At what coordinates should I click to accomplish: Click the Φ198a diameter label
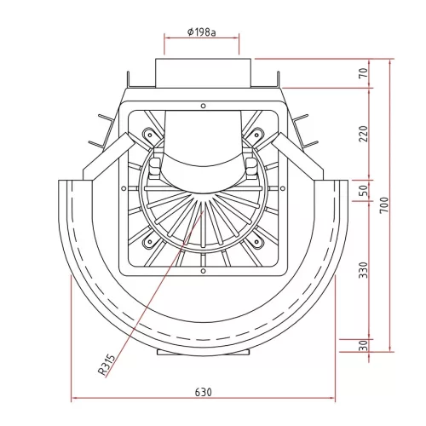point(202,32)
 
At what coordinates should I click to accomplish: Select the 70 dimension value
point(364,73)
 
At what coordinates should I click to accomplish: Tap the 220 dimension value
point(364,134)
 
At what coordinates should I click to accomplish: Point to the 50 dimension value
point(364,191)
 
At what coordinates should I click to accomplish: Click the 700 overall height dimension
point(384,205)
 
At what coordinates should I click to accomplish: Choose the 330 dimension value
point(364,270)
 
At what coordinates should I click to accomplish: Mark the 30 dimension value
point(364,346)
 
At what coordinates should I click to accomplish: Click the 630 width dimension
point(204,392)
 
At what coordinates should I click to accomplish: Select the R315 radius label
point(107,365)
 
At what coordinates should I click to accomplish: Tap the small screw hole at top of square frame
point(203,106)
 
